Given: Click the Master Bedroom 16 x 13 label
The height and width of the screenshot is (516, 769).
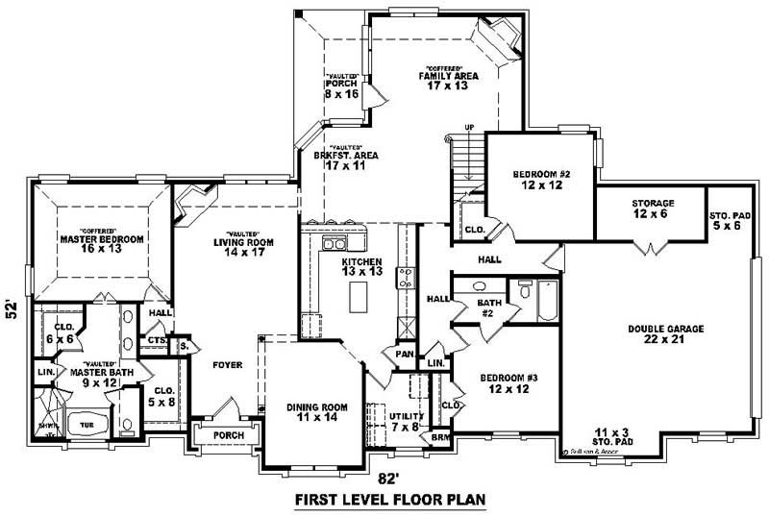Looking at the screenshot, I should pyautogui.click(x=101, y=243).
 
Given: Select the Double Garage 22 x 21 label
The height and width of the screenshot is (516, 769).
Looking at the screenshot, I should pyautogui.click(x=666, y=333).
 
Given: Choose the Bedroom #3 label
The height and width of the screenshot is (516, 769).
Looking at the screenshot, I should pyautogui.click(x=509, y=384).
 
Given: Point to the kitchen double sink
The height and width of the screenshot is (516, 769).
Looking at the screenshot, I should pyautogui.click(x=335, y=244).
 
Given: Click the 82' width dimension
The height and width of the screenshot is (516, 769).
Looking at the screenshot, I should pyautogui.click(x=384, y=478).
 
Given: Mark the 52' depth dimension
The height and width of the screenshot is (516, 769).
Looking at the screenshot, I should pyautogui.click(x=12, y=308).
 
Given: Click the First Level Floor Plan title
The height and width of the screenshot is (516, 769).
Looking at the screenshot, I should pyautogui.click(x=389, y=500).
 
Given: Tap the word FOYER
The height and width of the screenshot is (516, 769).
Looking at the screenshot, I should pyautogui.click(x=228, y=365).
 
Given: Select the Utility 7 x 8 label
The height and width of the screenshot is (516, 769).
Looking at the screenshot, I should pyautogui.click(x=406, y=421).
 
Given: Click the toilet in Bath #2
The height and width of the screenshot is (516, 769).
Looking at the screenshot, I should pyautogui.click(x=525, y=290).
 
